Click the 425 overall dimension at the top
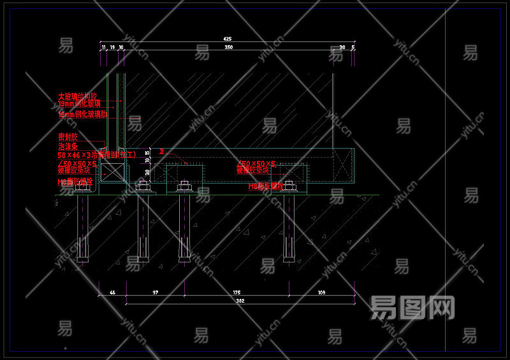click(x=228, y=39)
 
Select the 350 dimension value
click(x=228, y=47)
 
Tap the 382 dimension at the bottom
click(x=240, y=300)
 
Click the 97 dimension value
click(x=155, y=292)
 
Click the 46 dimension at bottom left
click(x=112, y=292)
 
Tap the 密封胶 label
click(x=68, y=136)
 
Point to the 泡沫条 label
click(x=68, y=146)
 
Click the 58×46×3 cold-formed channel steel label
click(x=96, y=155)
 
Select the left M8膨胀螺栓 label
click(x=75, y=182)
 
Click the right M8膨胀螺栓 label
click(x=266, y=187)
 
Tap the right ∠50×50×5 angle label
click(x=256, y=164)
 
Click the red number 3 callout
click(x=162, y=152)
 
